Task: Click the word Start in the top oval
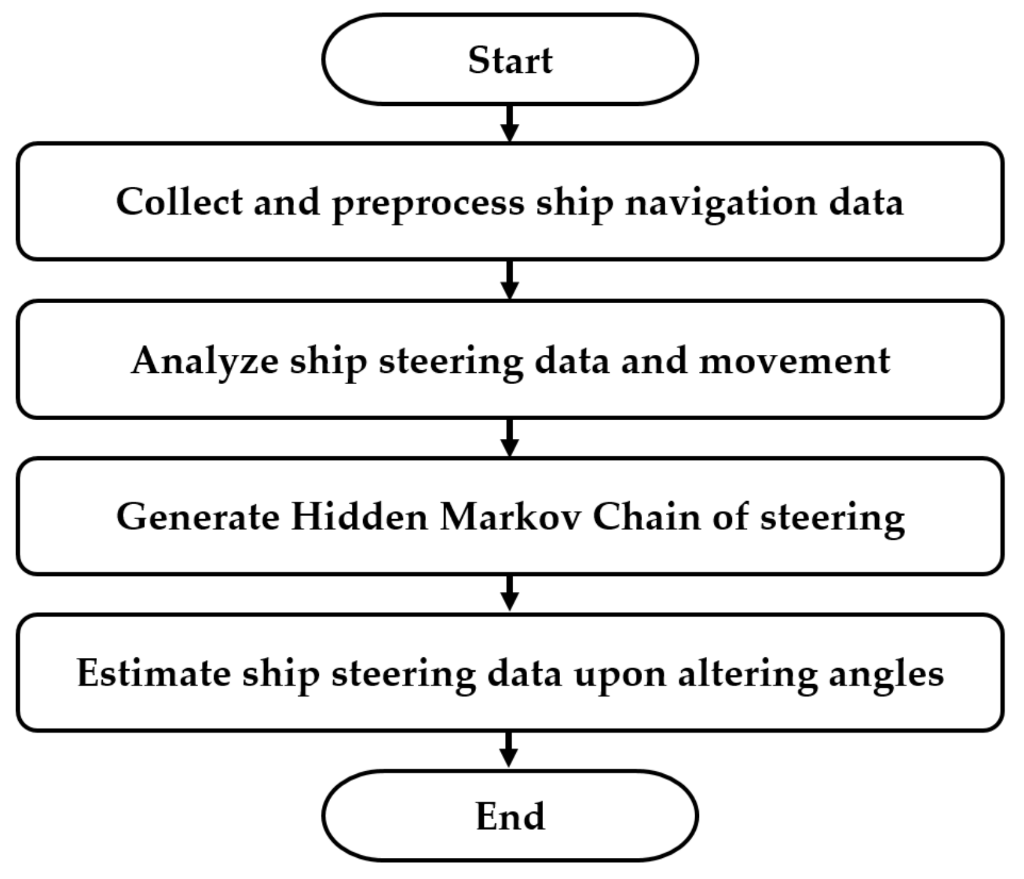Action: pyautogui.click(x=510, y=60)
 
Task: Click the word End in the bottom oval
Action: pyautogui.click(x=510, y=816)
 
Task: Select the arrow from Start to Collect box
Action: pyautogui.click(x=510, y=124)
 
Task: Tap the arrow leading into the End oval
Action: pyautogui.click(x=510, y=750)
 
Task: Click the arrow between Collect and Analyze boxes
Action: pyautogui.click(x=510, y=280)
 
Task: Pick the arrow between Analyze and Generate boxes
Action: pyautogui.click(x=510, y=438)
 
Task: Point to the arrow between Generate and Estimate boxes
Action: pyautogui.click(x=510, y=593)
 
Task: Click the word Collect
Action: pyautogui.click(x=179, y=202)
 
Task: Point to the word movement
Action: pyautogui.click(x=794, y=360)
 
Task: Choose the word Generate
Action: pyautogui.click(x=198, y=517)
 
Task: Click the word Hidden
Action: pyautogui.click(x=359, y=517)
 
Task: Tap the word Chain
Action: pyautogui.click(x=646, y=517)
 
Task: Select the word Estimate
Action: pyautogui.click(x=153, y=673)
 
